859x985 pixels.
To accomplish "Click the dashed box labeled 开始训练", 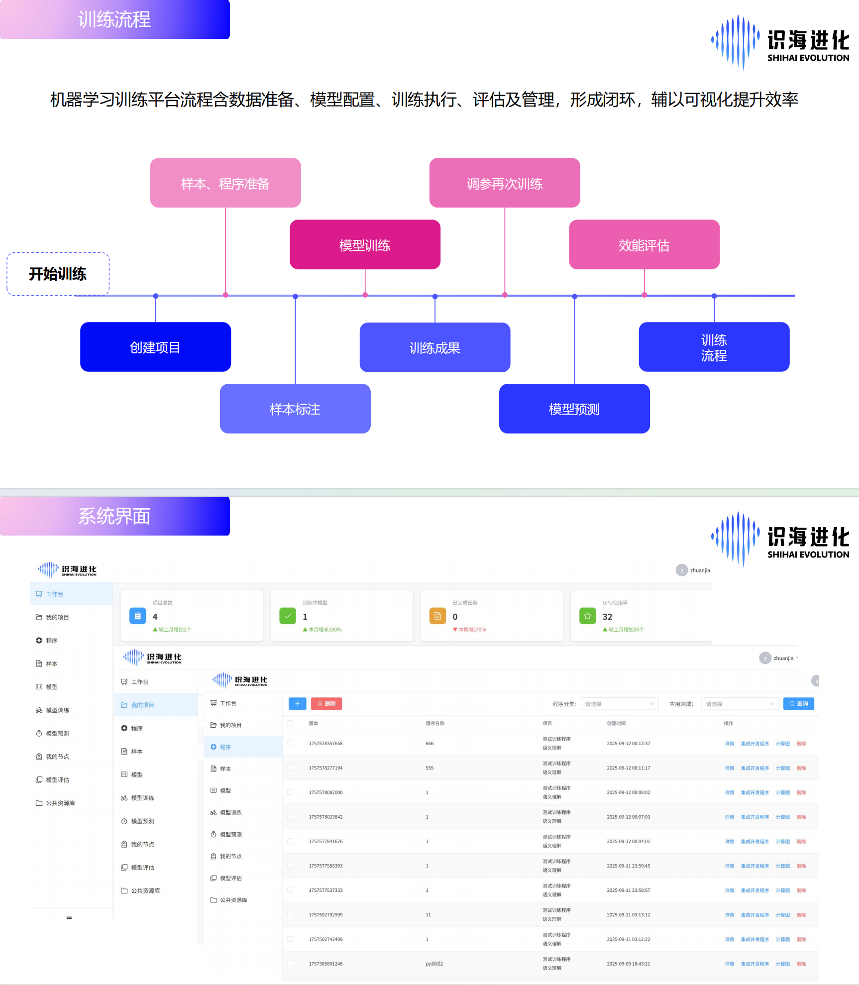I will (58, 274).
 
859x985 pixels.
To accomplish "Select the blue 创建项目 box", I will (155, 347).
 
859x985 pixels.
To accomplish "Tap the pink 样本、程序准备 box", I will (225, 183).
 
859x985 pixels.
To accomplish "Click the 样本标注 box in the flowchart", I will (295, 409).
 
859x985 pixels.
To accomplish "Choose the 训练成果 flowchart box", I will (434, 347).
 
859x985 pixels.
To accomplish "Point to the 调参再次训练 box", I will (504, 183).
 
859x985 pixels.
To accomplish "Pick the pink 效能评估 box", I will (644, 245).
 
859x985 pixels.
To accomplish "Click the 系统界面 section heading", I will (114, 516).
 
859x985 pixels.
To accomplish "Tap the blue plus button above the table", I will (297, 704).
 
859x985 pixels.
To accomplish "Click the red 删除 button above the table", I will (326, 704).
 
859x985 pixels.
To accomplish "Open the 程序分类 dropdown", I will (619, 704).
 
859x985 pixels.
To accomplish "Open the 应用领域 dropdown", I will (740, 704).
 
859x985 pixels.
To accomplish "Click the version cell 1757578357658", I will (325, 744).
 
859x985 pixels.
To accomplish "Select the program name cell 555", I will (429, 768).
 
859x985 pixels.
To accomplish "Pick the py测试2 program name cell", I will (434, 964).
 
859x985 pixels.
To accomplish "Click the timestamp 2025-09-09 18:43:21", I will (628, 964).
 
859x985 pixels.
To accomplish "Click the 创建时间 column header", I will (616, 723).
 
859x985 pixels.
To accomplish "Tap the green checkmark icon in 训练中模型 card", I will (288, 616).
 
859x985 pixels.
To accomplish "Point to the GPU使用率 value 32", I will (607, 617).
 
